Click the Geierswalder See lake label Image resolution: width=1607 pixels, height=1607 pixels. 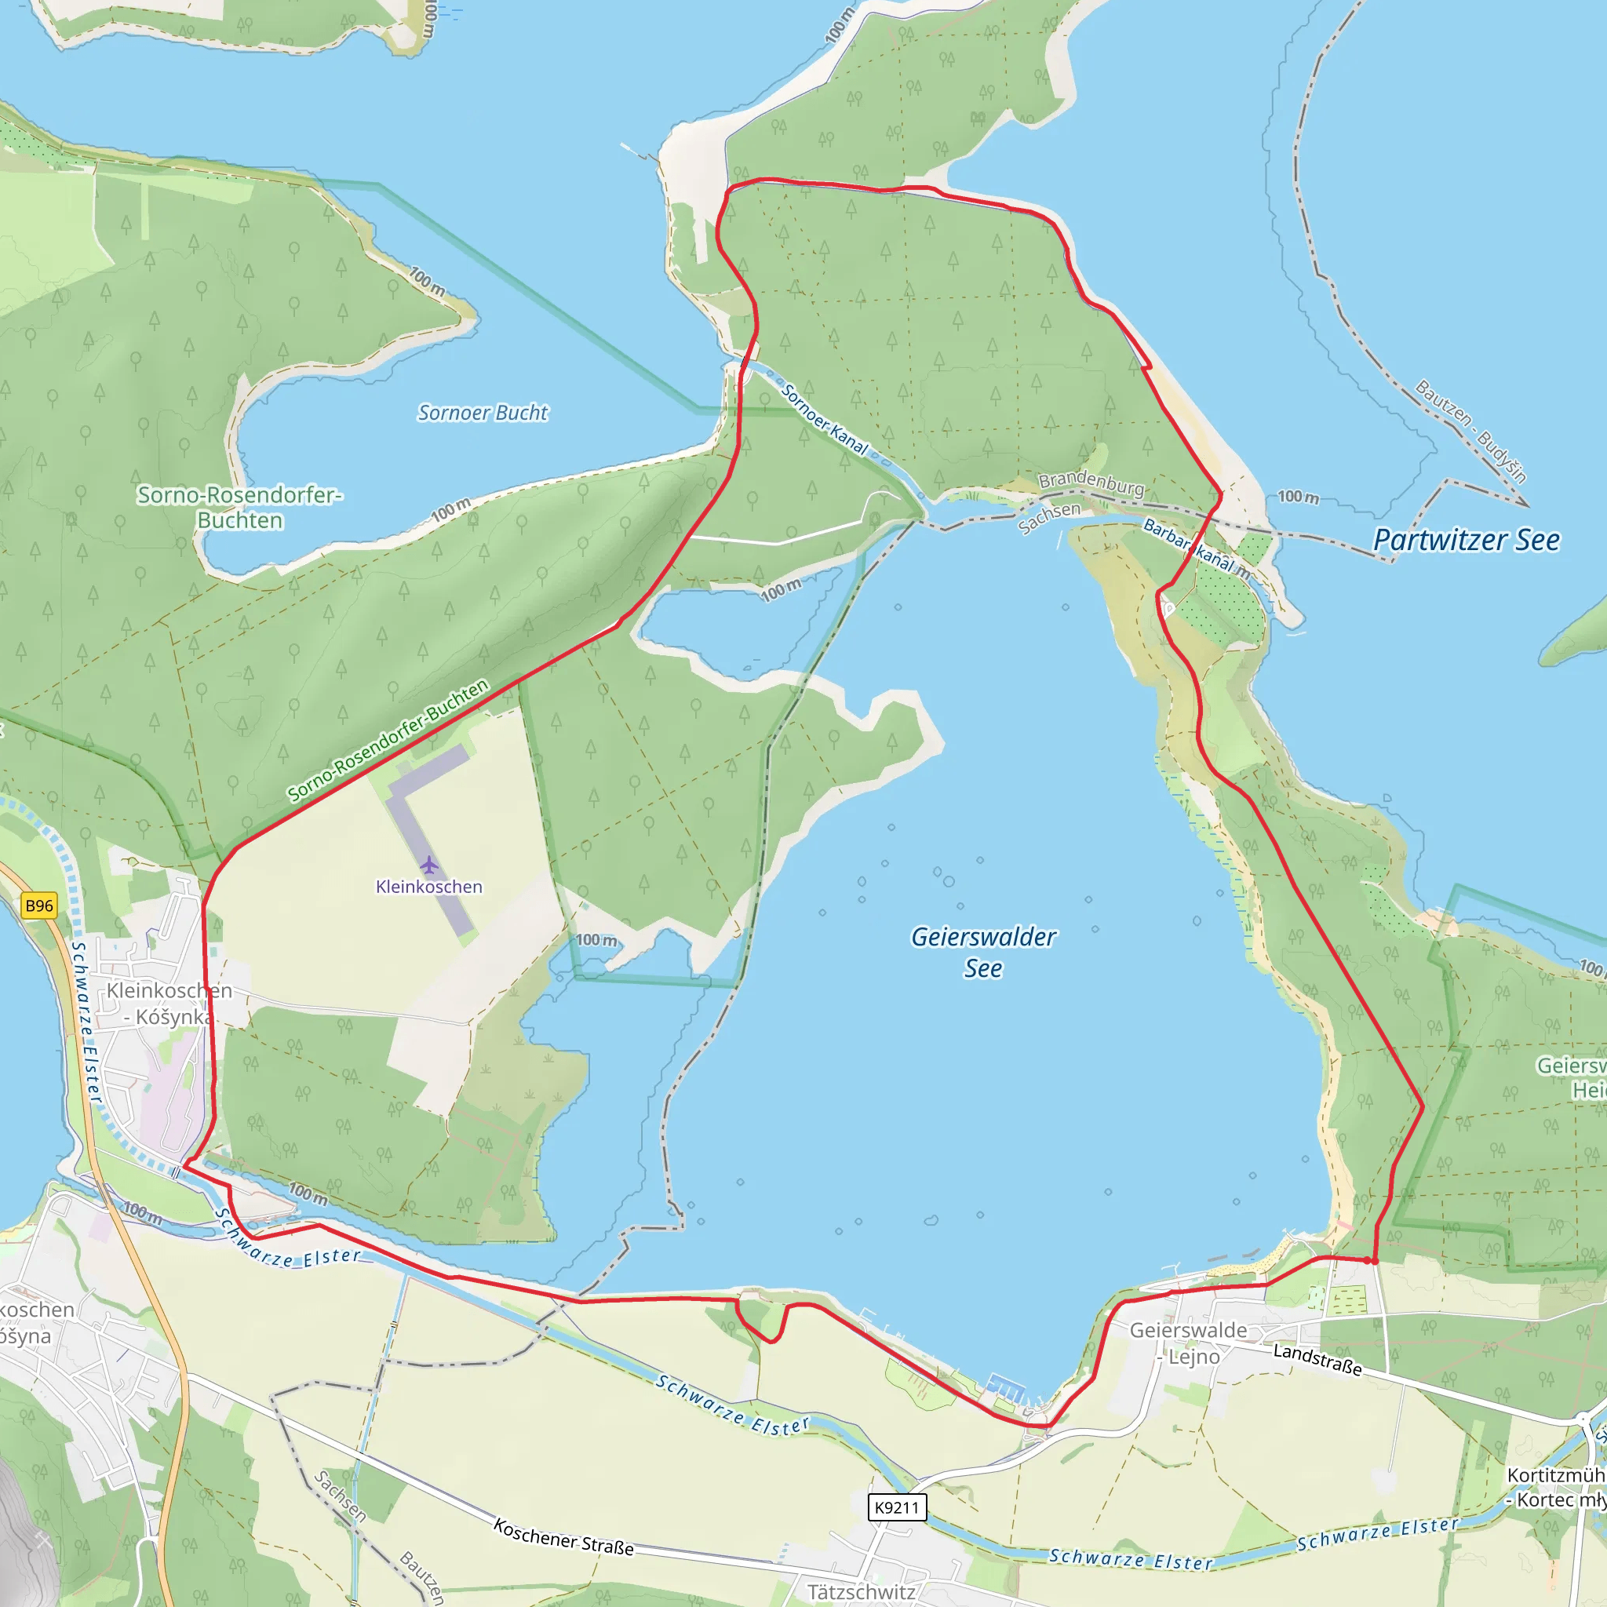[x=983, y=953]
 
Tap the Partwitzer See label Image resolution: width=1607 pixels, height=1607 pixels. [x=1466, y=540]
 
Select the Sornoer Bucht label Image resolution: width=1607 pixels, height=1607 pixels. [x=483, y=413]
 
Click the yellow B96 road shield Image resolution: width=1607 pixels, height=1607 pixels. [x=39, y=906]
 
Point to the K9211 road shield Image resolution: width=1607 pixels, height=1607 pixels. [x=897, y=1507]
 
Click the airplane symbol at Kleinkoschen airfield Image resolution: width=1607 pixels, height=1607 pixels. [x=428, y=865]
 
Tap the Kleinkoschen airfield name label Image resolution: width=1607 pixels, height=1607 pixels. [x=428, y=887]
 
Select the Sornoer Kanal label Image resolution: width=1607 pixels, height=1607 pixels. [x=825, y=419]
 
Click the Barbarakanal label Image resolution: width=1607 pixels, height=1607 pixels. [x=1195, y=548]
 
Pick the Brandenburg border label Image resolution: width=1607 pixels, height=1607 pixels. [x=1091, y=482]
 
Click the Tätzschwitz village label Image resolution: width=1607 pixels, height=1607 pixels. [x=861, y=1591]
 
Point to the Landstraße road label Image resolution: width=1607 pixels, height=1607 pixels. [x=1317, y=1359]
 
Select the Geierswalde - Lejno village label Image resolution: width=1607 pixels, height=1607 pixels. [x=1188, y=1343]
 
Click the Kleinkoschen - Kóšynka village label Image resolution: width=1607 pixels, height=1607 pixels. [x=169, y=1003]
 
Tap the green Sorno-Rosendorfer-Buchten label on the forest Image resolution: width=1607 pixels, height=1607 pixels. [x=239, y=508]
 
